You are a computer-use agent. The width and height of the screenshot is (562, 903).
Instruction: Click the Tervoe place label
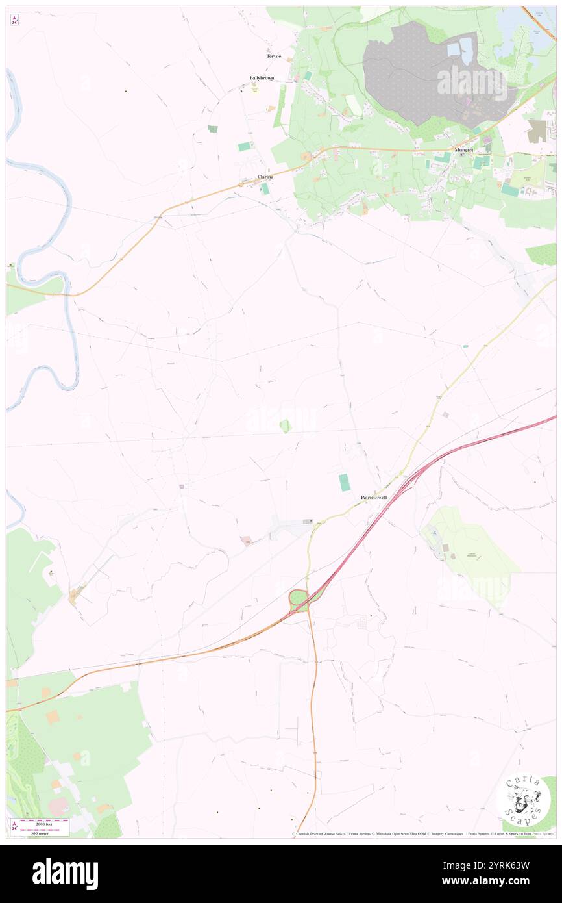coord(273,56)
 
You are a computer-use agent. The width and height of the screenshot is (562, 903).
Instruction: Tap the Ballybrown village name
coord(262,78)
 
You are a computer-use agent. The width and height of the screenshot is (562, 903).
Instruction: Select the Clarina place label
coord(265,177)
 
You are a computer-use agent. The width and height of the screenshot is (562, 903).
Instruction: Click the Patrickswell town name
coord(374,497)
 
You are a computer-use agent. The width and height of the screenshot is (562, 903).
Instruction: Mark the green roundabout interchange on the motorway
coord(299,598)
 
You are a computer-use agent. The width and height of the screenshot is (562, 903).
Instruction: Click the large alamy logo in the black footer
coord(65,872)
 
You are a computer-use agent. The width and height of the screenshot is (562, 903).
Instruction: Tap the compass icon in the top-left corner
coord(14,20)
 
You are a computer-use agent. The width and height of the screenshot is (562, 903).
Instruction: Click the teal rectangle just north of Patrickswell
coord(343,482)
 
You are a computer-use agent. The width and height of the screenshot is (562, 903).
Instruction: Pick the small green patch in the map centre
coord(284,426)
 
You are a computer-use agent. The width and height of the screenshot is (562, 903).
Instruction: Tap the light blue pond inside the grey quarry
coord(466,46)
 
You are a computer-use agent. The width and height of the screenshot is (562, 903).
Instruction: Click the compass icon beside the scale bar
coord(14,826)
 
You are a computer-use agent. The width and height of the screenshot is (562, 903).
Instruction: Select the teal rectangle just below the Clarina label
coord(265,188)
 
